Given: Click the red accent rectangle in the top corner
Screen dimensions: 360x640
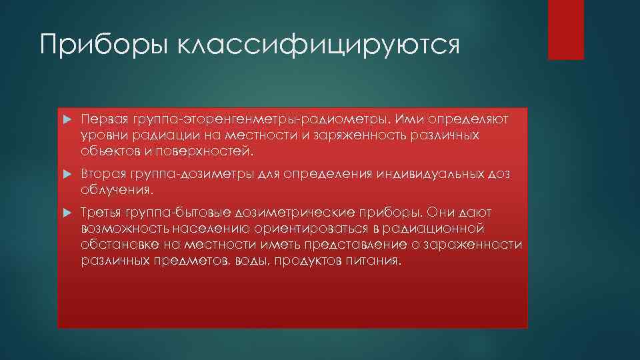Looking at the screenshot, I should (x=565, y=29).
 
